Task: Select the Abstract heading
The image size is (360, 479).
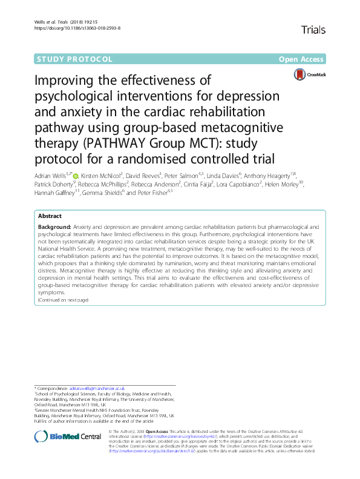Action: click(50, 216)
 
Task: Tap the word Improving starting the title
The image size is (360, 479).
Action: click(62, 81)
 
